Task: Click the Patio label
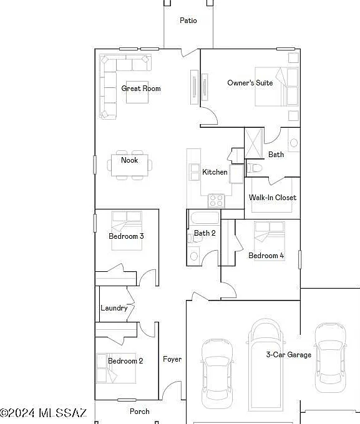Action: click(188, 21)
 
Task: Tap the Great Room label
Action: click(141, 89)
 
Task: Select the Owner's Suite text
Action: click(250, 83)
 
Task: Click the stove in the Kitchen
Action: click(216, 201)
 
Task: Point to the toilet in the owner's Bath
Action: click(255, 168)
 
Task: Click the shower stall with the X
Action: click(254, 143)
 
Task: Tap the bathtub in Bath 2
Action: click(205, 218)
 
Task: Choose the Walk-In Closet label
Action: click(273, 198)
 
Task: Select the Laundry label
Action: click(114, 308)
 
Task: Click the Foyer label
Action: click(172, 359)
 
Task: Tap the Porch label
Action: click(139, 412)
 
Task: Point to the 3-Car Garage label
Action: click(288, 355)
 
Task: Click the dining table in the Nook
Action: click(130, 165)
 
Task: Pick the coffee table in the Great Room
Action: click(137, 92)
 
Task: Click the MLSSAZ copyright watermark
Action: click(43, 413)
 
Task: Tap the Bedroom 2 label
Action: click(125, 361)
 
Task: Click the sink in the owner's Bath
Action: click(294, 142)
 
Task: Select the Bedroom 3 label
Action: click(126, 236)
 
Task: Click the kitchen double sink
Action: click(195, 172)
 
